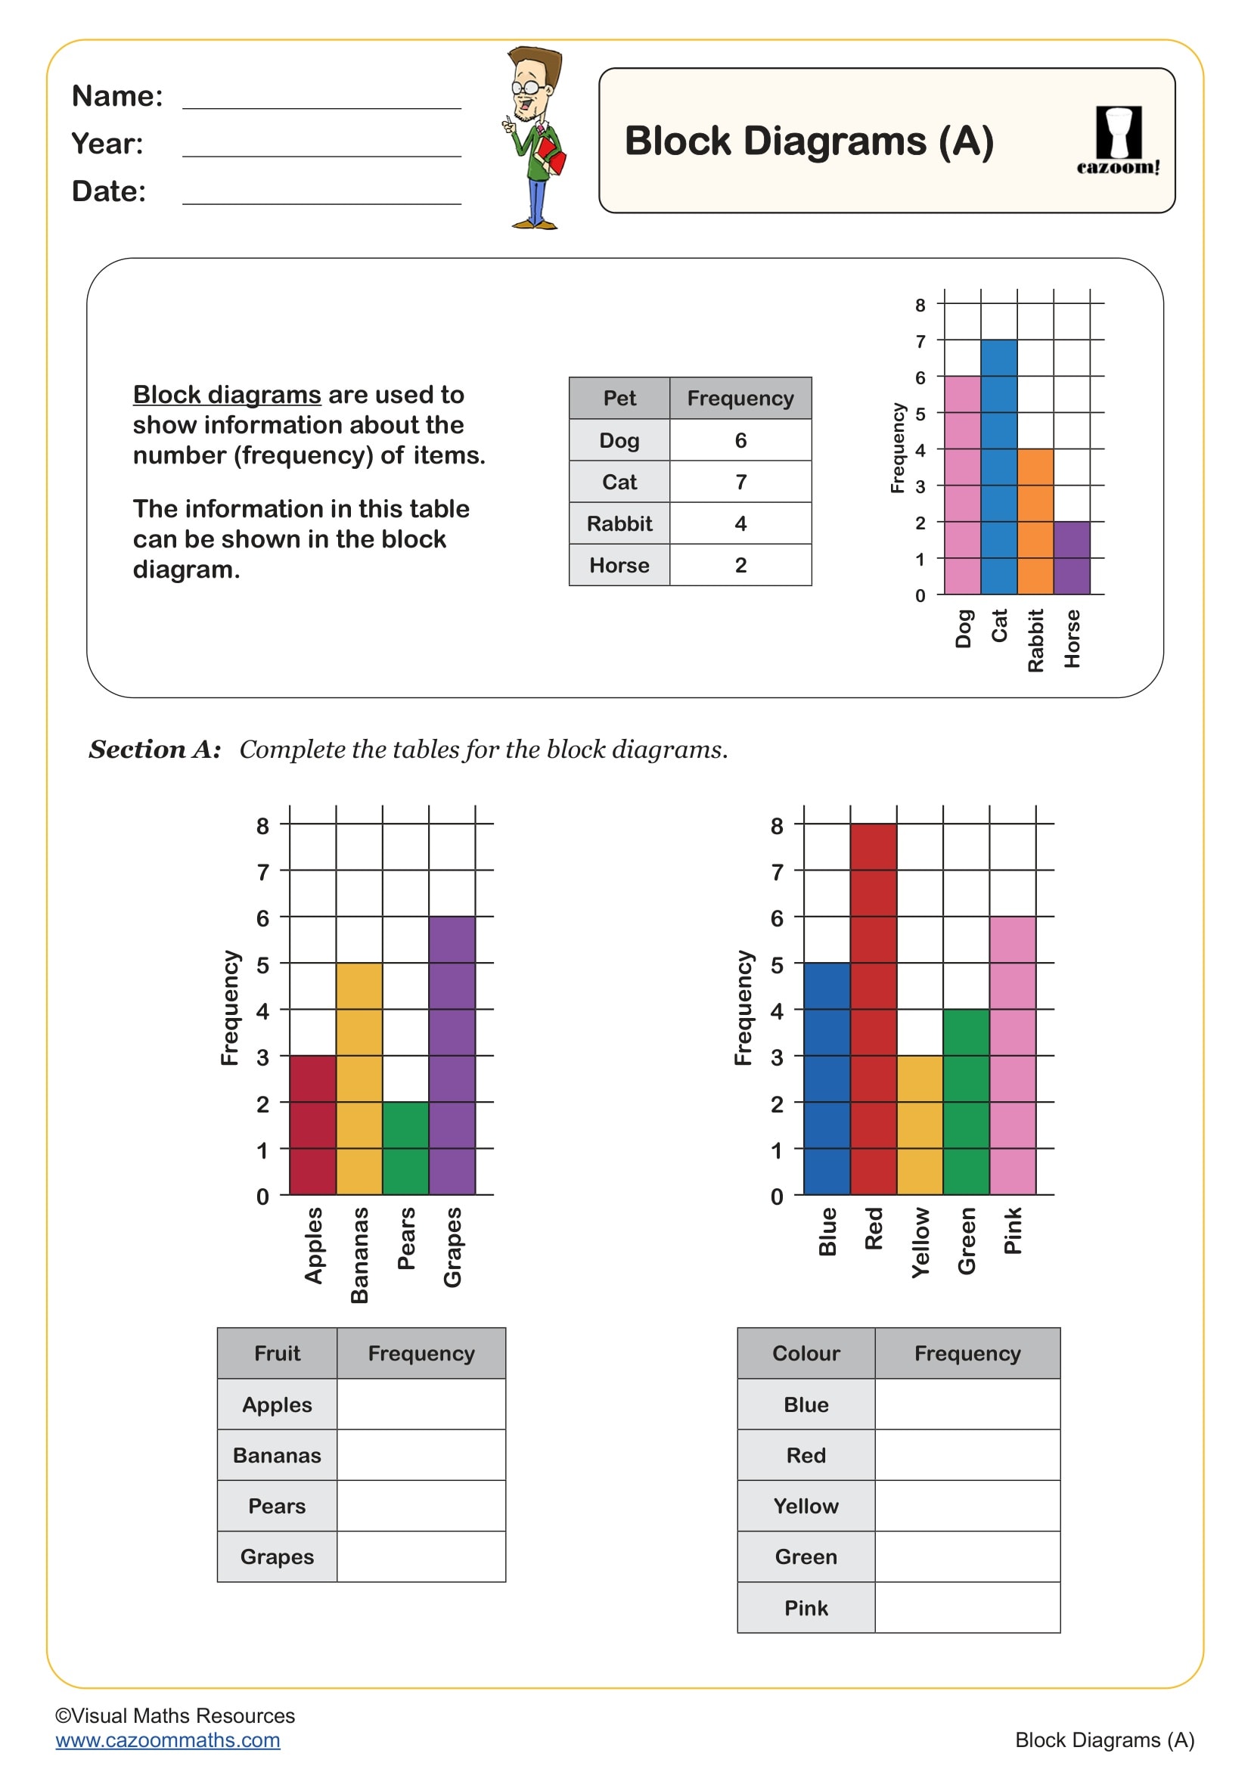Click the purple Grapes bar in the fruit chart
click(452, 1056)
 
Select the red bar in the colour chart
click(873, 1010)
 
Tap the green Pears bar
click(405, 1148)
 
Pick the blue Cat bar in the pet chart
click(998, 467)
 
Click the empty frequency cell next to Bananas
click(421, 1454)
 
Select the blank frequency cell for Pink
click(967, 1607)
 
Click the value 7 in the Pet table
click(740, 482)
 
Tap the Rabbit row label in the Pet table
click(619, 523)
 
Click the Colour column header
click(806, 1353)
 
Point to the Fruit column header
click(277, 1353)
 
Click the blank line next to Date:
click(321, 193)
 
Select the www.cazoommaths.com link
click(167, 1740)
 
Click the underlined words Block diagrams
click(226, 395)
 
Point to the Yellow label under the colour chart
click(920, 1243)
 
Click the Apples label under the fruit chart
click(313, 1245)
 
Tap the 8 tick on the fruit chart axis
click(262, 825)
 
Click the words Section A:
click(155, 749)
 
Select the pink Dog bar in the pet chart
click(962, 486)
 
